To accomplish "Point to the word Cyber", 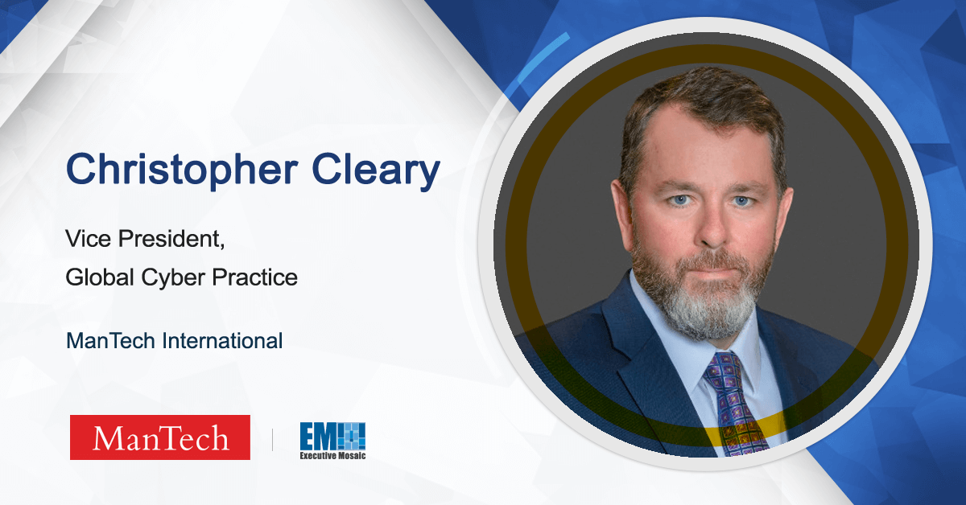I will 165,278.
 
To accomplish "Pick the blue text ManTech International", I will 174,341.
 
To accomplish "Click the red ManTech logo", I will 159,437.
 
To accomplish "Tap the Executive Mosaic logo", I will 332,440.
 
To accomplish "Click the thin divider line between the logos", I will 272,438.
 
